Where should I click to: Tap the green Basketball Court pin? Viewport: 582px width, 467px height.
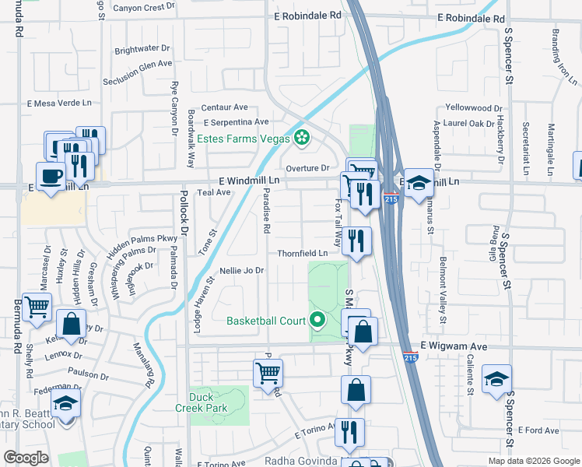317,320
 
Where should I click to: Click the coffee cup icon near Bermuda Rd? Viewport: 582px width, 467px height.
51,177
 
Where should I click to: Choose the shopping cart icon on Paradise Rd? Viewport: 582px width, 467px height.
268,373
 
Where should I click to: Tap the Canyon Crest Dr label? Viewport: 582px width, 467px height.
144,8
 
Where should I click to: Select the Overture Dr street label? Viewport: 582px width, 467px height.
308,168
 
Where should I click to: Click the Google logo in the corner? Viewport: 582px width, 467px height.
26,458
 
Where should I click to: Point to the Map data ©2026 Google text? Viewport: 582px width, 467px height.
533,461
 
